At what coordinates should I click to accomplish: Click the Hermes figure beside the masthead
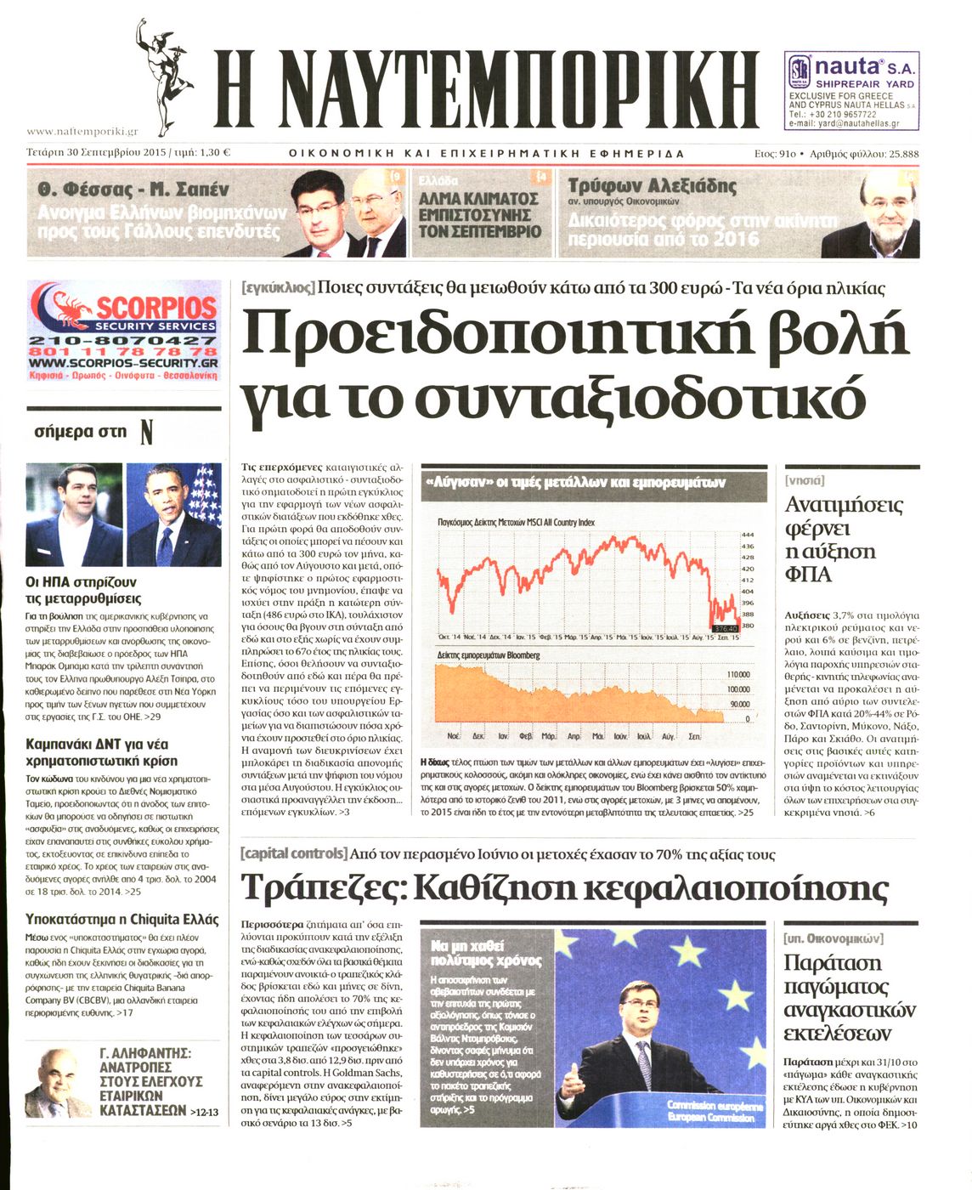coord(164,77)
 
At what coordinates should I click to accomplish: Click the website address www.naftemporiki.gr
coord(82,132)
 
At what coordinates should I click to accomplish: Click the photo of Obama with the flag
coord(174,515)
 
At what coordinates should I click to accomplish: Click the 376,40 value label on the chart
coord(723,629)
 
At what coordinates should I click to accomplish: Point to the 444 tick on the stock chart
coord(748,535)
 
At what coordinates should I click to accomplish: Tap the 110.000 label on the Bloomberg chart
coord(737,674)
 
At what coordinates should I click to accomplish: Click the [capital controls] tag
coord(293,853)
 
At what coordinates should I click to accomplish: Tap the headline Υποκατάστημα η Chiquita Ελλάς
coord(121,920)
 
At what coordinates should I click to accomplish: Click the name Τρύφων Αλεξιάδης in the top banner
coord(652,185)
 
